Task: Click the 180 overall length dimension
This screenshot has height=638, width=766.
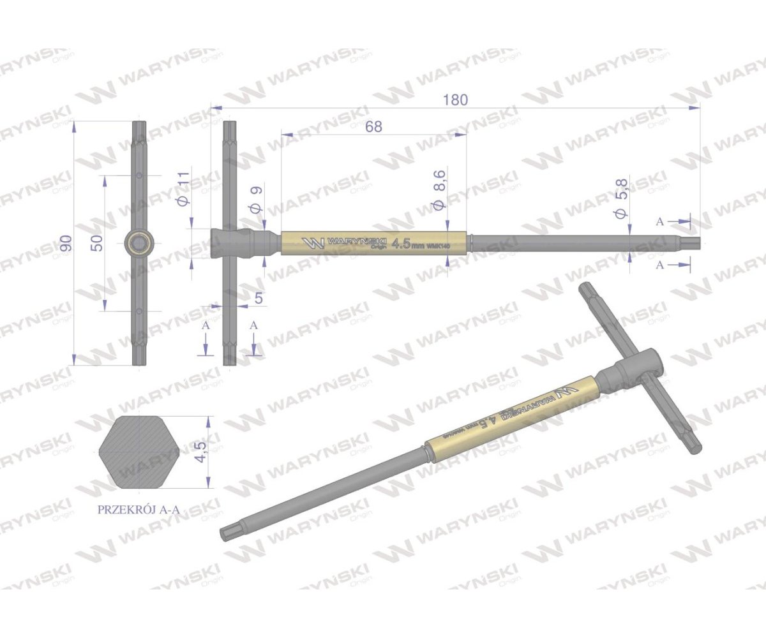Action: coord(457,100)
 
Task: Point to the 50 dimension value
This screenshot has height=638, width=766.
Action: coord(96,242)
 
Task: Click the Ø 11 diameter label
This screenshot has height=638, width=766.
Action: coord(183,189)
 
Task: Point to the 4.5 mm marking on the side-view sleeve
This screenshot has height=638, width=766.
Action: coord(407,243)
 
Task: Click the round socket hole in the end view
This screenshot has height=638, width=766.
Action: coord(139,242)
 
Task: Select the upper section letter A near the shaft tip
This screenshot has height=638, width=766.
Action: coord(661,221)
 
